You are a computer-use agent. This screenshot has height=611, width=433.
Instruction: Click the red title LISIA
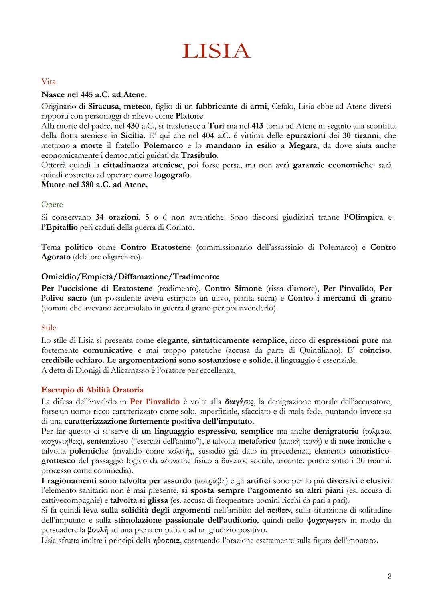click(x=216, y=51)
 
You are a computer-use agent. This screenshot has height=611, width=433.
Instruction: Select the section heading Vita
click(x=49, y=82)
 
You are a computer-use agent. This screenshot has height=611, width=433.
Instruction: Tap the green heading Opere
click(x=52, y=205)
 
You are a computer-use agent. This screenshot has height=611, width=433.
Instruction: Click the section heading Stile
click(x=49, y=328)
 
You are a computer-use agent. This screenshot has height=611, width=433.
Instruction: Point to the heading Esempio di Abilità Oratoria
click(x=92, y=390)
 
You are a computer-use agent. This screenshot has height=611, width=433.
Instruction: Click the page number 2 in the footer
click(x=389, y=576)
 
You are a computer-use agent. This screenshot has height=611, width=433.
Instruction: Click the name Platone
click(x=190, y=116)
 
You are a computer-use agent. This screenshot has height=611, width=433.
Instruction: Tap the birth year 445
click(x=86, y=95)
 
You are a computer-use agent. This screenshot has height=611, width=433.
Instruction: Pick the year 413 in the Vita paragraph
click(x=257, y=126)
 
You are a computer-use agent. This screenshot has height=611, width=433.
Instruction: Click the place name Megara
click(x=303, y=145)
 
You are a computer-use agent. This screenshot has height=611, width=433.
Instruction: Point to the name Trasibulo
click(x=199, y=155)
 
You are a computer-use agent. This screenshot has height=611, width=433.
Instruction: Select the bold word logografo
click(x=172, y=175)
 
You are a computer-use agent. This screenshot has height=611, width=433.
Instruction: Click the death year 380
click(x=86, y=185)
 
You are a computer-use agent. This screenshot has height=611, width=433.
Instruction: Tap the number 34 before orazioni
click(x=99, y=217)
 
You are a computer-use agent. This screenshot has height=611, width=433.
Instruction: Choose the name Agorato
click(x=56, y=257)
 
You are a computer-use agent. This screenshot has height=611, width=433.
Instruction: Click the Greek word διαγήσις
click(x=239, y=402)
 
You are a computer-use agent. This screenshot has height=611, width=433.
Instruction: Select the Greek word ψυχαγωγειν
click(x=326, y=520)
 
